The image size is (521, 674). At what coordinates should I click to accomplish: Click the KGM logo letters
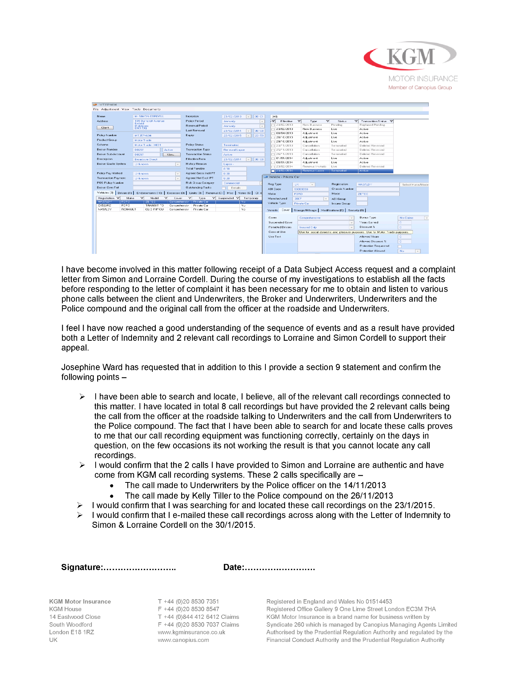click(x=411, y=57)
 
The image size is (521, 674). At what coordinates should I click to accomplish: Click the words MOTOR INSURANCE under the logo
click(x=423, y=79)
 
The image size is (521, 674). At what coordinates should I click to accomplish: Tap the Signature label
click(x=81, y=567)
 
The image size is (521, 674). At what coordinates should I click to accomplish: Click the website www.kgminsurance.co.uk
click(x=191, y=632)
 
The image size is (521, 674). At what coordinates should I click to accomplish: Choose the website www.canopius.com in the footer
click(x=183, y=640)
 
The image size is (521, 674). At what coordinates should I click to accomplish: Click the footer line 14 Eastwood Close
click(x=75, y=617)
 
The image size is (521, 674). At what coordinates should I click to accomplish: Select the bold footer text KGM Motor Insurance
click(x=80, y=601)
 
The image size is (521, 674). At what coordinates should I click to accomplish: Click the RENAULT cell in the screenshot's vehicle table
click(x=129, y=209)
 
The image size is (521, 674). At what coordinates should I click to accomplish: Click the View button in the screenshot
click(x=171, y=155)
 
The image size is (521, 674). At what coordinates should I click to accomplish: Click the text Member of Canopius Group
click(x=420, y=88)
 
